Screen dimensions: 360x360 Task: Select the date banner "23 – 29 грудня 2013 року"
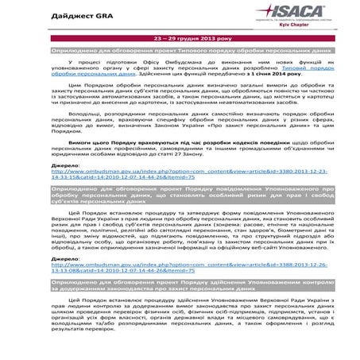[180, 37]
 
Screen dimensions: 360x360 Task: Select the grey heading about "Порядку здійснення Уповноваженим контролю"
[180, 307]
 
